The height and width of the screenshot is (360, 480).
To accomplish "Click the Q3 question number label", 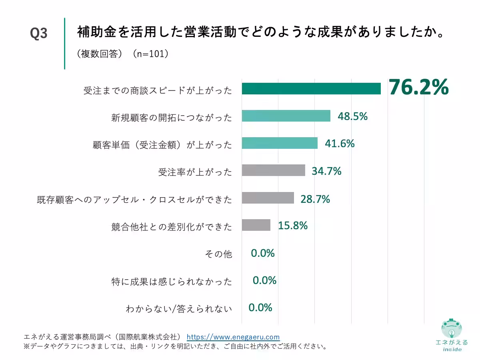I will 39,34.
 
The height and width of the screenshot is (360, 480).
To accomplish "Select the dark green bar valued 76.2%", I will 311,89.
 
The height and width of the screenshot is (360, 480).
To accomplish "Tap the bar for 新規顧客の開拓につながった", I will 286,116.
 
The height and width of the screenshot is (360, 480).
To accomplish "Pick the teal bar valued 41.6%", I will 280,143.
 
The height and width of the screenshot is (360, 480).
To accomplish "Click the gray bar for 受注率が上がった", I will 273,170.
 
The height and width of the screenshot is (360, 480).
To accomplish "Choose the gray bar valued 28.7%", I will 268,198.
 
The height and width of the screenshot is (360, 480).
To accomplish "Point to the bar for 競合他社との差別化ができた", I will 256,225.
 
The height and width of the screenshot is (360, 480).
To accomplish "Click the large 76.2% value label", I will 419,88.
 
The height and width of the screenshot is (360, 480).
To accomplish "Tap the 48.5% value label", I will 352,116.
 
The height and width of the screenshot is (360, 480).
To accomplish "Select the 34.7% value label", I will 326,171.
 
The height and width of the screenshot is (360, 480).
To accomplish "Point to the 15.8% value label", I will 293,226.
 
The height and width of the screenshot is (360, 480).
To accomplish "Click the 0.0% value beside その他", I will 262,253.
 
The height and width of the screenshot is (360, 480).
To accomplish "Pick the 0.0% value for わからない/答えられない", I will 260,308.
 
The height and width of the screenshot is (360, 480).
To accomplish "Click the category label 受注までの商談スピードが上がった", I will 158,90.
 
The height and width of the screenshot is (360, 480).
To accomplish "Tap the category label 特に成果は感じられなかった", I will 172,282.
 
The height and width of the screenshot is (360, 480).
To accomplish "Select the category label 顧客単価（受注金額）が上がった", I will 162,145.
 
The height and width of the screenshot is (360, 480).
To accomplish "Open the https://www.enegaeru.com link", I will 233,337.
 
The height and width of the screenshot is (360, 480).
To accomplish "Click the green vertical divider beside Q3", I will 64,43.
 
